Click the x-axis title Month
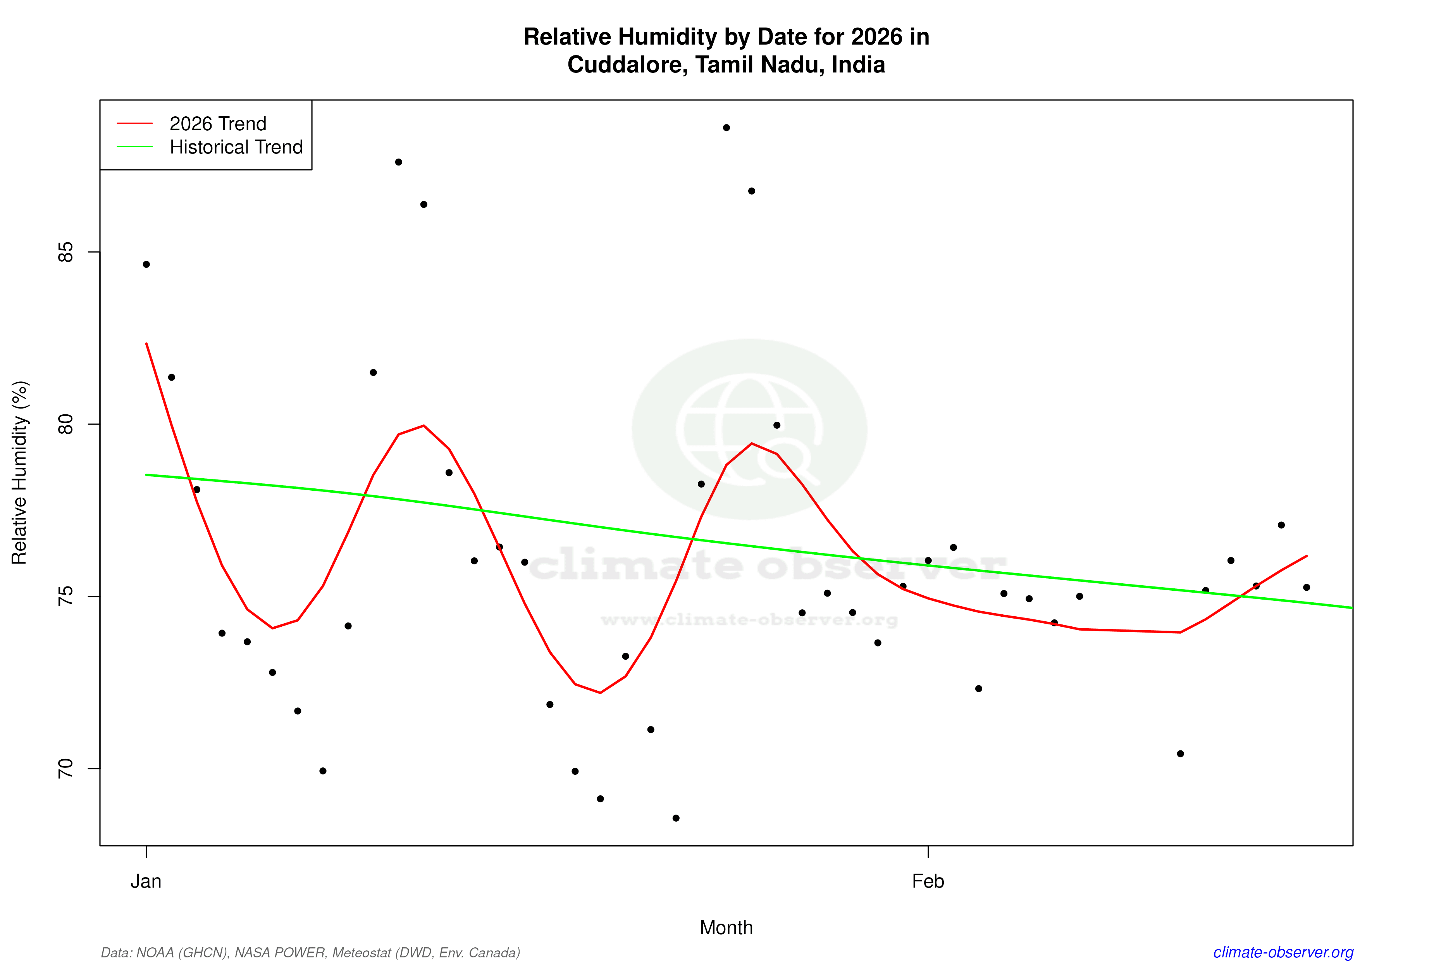coord(726,928)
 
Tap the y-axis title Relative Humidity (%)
coord(20,473)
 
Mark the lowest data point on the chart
coord(676,818)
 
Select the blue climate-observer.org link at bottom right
coord(1283,952)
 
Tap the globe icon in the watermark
coord(749,429)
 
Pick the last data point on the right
coord(1307,588)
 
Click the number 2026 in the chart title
coord(876,37)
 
